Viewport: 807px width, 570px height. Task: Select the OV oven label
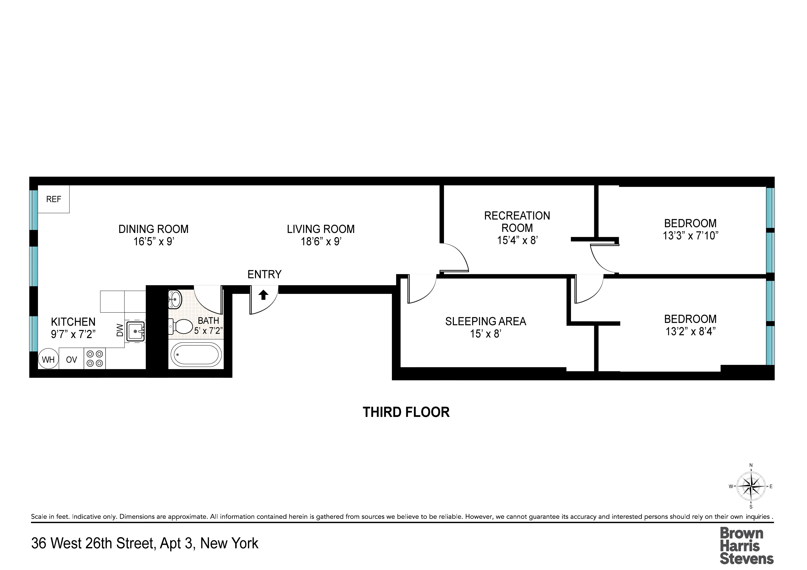tap(71, 360)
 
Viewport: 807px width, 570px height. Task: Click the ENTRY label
tap(264, 274)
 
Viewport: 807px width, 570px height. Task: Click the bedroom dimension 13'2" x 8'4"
tap(690, 331)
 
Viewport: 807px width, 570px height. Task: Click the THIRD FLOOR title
tap(406, 412)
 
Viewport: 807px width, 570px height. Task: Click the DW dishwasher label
tap(120, 330)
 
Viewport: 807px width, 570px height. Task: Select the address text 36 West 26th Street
tap(93, 543)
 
